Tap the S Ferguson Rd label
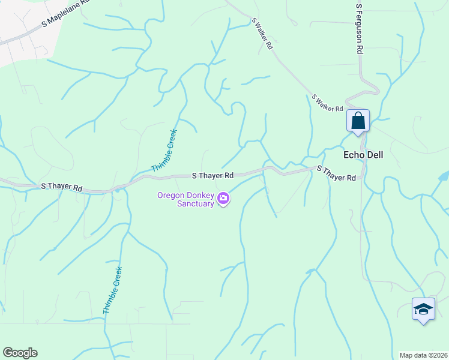tap(360, 29)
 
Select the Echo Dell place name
tap(363, 155)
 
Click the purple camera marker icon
tap(223, 198)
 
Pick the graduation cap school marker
tap(423, 310)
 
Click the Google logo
tap(20, 353)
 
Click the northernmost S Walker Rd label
tap(262, 33)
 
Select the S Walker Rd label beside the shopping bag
tap(327, 103)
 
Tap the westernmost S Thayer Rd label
tap(62, 187)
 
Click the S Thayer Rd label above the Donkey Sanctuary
tap(212, 176)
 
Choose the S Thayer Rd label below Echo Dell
tap(336, 173)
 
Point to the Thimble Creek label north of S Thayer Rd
tap(164, 151)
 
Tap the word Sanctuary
tap(196, 203)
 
